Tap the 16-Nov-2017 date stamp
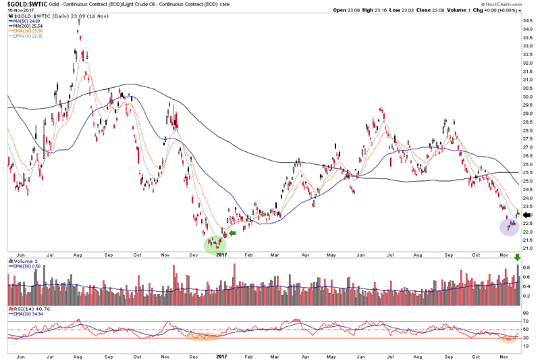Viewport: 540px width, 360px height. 16,11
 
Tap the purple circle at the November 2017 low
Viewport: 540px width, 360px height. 508,226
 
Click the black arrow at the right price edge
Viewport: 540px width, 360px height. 527,214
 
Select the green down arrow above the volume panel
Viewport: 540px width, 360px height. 518,257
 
